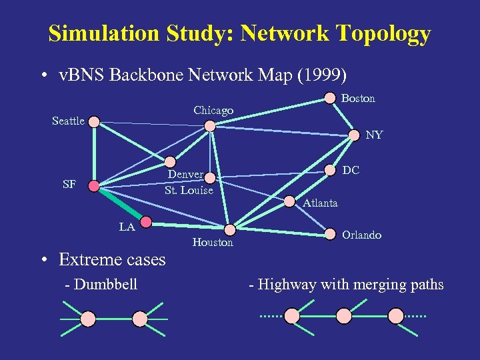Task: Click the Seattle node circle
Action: coord(94,122)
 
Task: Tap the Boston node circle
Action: coord(330,98)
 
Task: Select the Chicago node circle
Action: coord(210,125)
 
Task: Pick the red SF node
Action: coord(94,185)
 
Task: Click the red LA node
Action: coord(146,221)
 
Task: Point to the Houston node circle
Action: coord(229,230)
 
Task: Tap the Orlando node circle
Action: coord(330,234)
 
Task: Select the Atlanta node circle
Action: coord(290,201)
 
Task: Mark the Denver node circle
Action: coord(170,161)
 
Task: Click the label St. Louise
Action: coord(189,190)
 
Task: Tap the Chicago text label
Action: coord(213,110)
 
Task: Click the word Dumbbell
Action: coord(106,285)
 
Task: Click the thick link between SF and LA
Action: coord(121,204)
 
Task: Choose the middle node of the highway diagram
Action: coord(343,315)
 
